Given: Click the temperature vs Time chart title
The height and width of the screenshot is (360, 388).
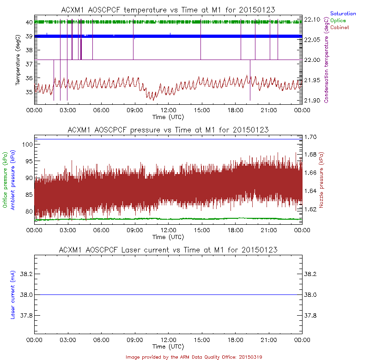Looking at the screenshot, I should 168,10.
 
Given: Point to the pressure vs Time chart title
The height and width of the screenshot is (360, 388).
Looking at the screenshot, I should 168,130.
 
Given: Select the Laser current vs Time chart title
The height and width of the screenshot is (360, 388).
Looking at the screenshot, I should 168,250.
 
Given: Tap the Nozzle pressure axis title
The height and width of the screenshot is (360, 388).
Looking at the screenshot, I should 322,180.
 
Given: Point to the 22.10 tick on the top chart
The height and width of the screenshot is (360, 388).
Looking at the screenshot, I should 313,19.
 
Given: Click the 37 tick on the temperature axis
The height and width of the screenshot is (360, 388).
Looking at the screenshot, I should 28,64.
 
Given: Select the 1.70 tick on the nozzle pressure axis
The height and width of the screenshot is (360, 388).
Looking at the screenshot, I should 311,137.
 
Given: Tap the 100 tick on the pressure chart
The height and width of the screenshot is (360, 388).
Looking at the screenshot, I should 27,144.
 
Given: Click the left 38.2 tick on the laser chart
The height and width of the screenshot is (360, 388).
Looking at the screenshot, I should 25,274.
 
